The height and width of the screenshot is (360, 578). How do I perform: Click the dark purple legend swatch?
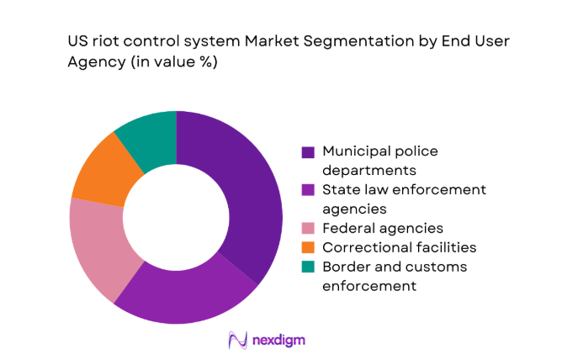click(308, 152)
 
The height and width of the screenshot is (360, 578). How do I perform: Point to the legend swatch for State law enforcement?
click(308, 191)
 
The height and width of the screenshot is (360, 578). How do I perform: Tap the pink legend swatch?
click(308, 229)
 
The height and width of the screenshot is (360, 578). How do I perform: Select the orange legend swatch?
click(308, 248)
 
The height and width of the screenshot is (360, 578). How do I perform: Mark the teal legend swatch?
click(308, 267)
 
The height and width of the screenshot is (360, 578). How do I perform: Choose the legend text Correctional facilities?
click(400, 247)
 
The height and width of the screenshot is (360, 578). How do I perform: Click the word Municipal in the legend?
click(353, 151)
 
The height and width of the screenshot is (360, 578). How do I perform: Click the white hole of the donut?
click(176, 216)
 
